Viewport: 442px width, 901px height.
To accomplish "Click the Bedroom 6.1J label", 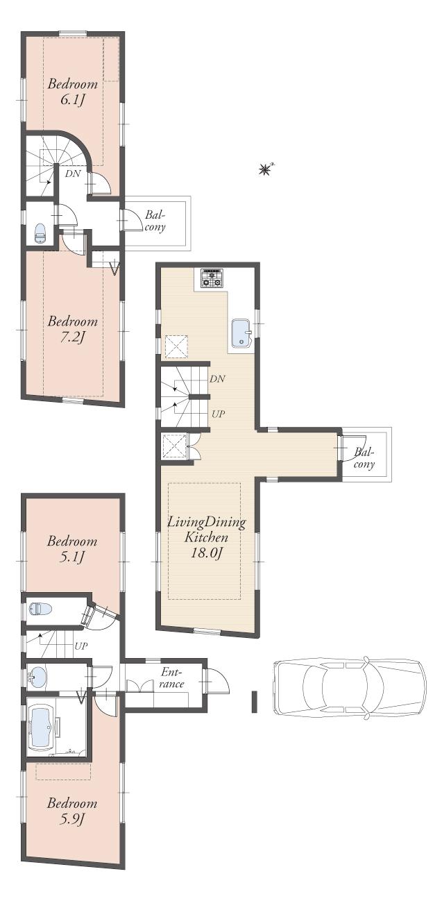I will coord(72,92).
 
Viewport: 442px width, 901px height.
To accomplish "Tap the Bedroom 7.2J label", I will coord(72,330).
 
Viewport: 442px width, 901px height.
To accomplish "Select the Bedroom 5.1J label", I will coord(72,549).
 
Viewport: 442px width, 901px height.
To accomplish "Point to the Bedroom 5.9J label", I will coord(72,811).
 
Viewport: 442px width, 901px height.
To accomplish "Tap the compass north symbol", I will coord(265,168).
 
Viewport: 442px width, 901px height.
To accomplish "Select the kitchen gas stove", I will coord(212,278).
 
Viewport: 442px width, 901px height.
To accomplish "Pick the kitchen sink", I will coord(241,332).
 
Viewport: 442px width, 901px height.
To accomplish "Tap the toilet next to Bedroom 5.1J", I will coord(41,609).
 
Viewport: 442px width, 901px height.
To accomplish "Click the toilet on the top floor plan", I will coord(40,234).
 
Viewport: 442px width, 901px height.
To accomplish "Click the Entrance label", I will coord(171,678).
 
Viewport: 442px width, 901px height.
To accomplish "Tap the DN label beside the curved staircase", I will coord(73,174).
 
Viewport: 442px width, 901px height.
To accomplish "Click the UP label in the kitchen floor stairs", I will coord(217,414).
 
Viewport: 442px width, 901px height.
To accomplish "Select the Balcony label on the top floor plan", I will coord(155,221).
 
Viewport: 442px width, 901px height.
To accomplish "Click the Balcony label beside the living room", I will coord(365,458).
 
